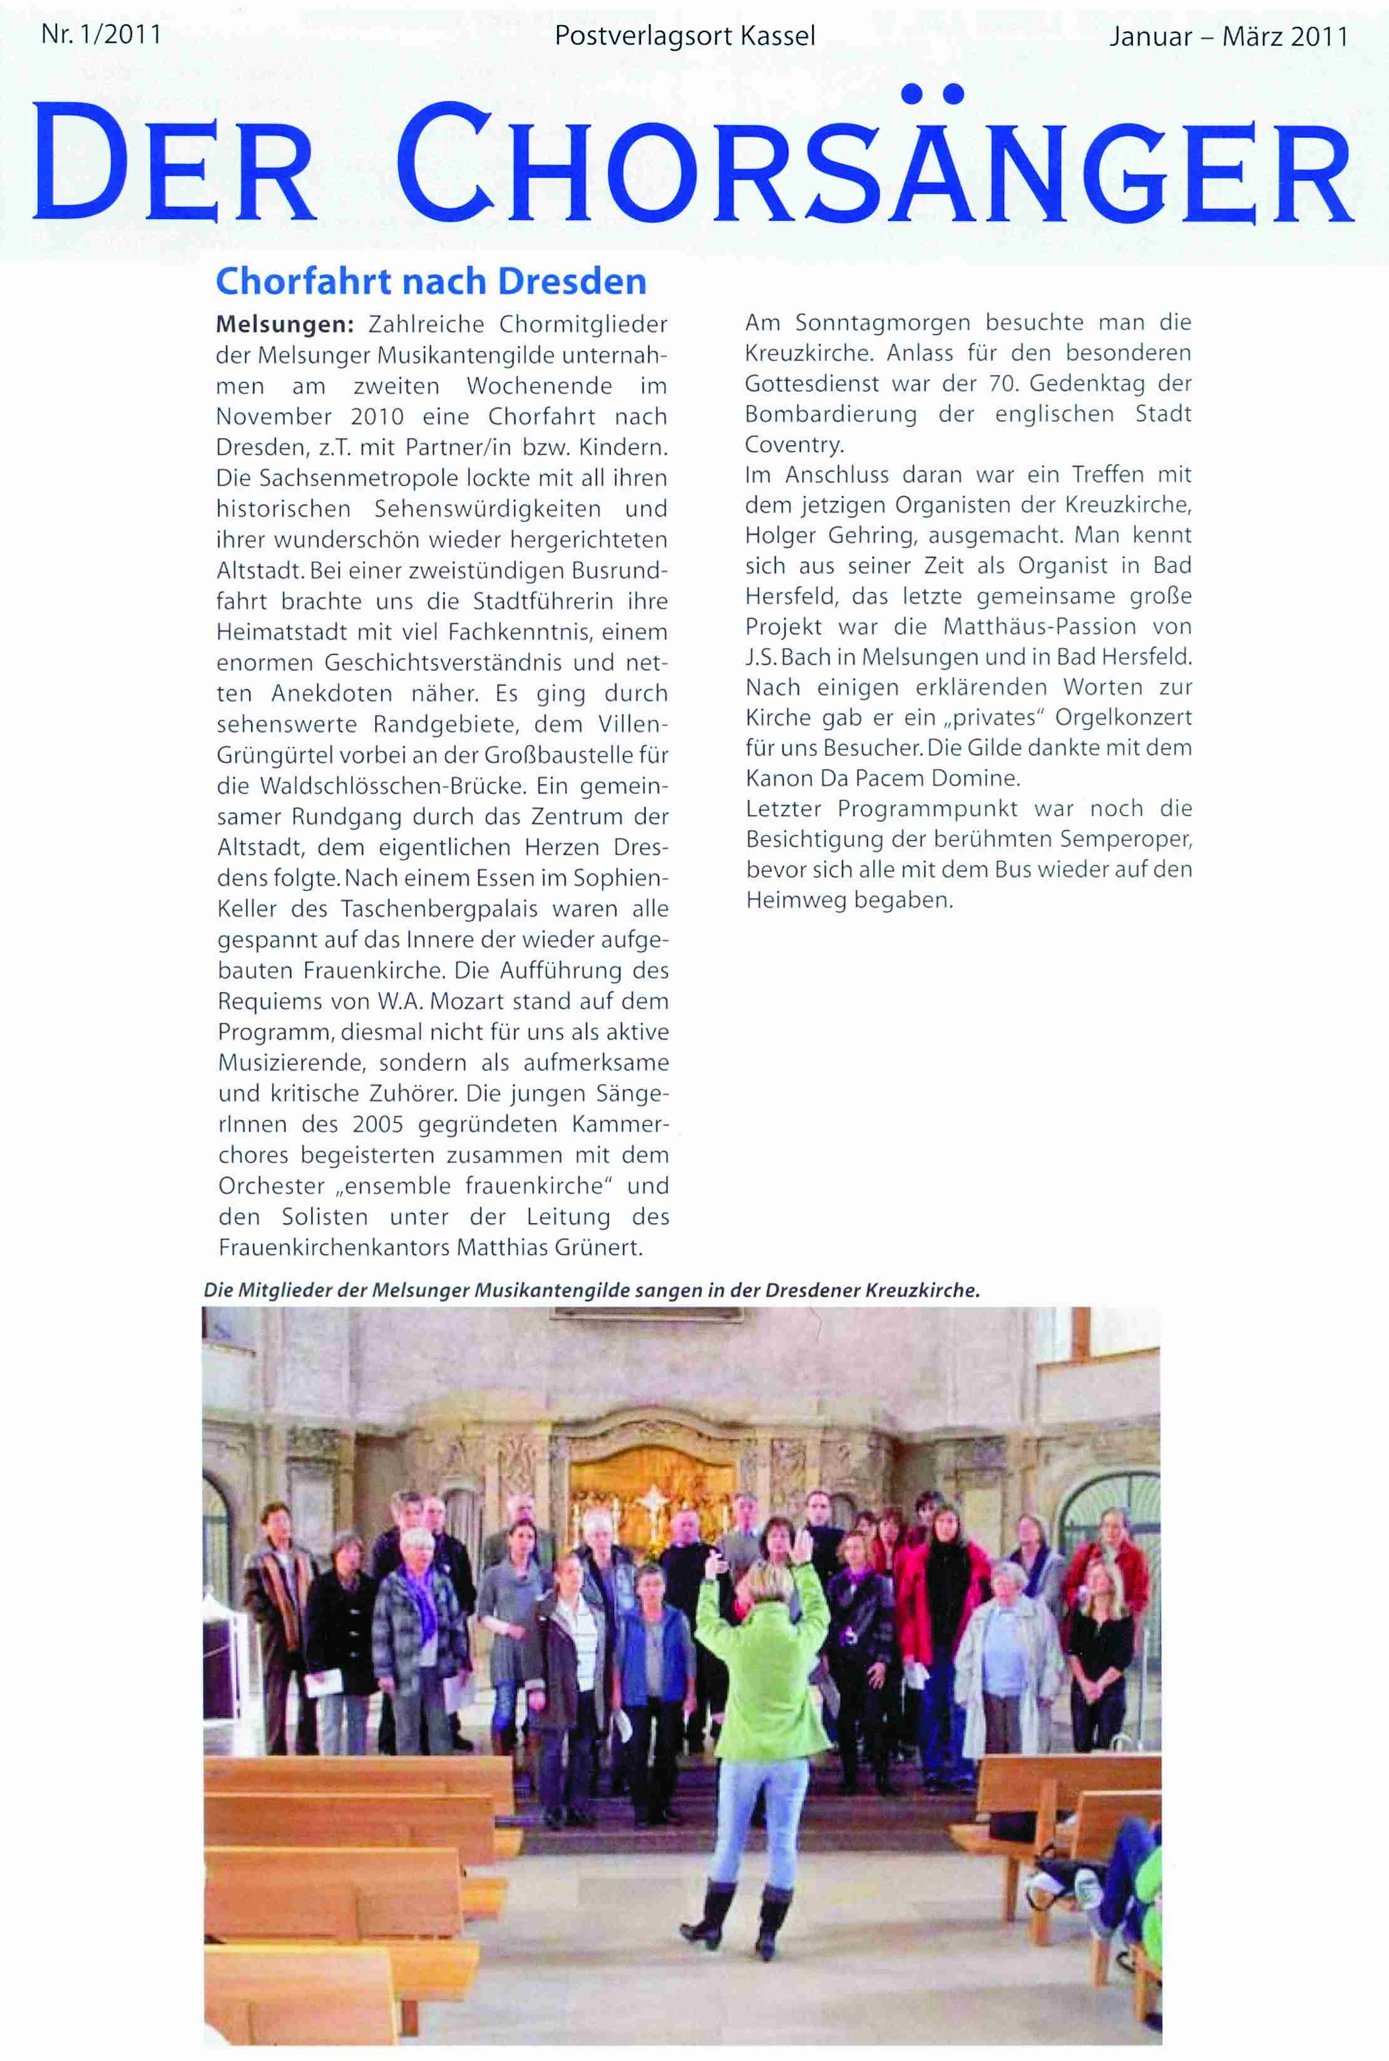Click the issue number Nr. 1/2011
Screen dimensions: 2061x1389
[100, 36]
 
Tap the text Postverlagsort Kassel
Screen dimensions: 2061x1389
[684, 36]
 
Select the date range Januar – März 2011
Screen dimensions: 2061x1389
[1228, 37]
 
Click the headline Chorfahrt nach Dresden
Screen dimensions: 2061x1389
[431, 281]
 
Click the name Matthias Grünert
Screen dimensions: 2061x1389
[549, 1247]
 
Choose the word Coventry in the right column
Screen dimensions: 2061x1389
[794, 444]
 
